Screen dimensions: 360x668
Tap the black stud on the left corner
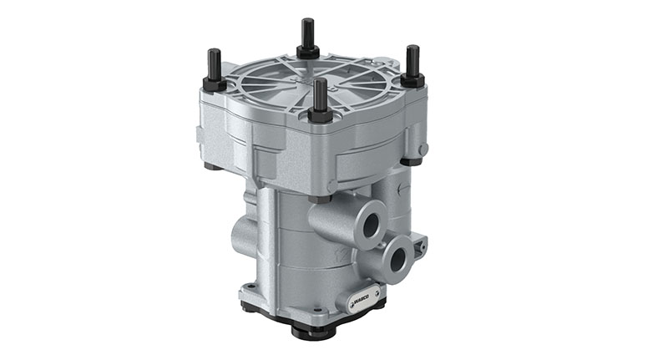coord(214,64)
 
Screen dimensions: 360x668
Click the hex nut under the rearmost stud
coord(308,51)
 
